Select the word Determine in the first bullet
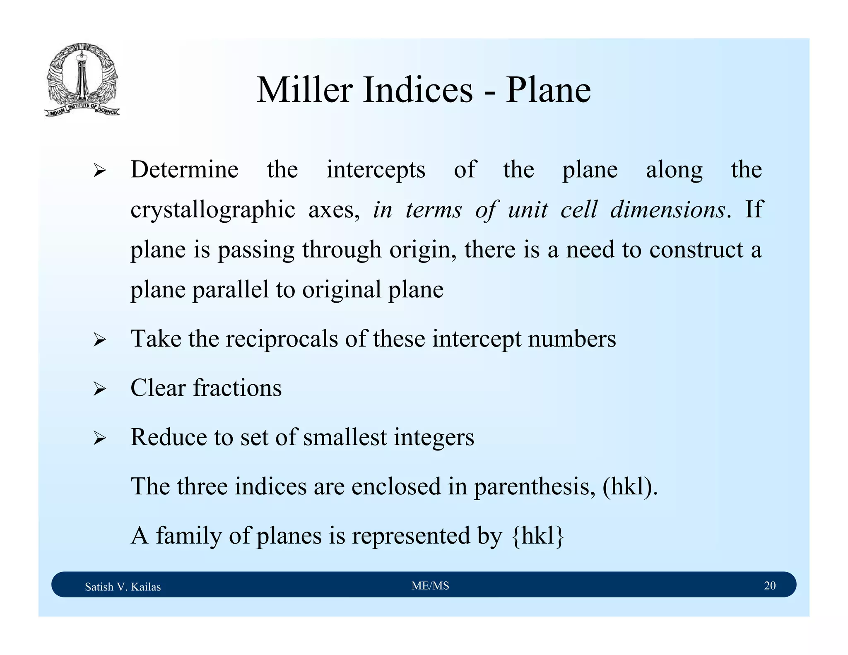pyautogui.click(x=184, y=170)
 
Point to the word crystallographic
pyautogui.click(x=212, y=210)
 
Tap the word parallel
pyautogui.click(x=231, y=289)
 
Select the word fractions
pyautogui.click(x=237, y=388)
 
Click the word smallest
pyautogui.click(x=344, y=437)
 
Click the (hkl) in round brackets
pyautogui.click(x=629, y=486)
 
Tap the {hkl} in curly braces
pyautogui.click(x=538, y=536)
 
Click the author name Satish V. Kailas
pyautogui.click(x=123, y=587)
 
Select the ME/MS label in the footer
pyautogui.click(x=430, y=585)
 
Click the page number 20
pyautogui.click(x=769, y=585)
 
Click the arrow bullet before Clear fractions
pyautogui.click(x=100, y=389)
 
